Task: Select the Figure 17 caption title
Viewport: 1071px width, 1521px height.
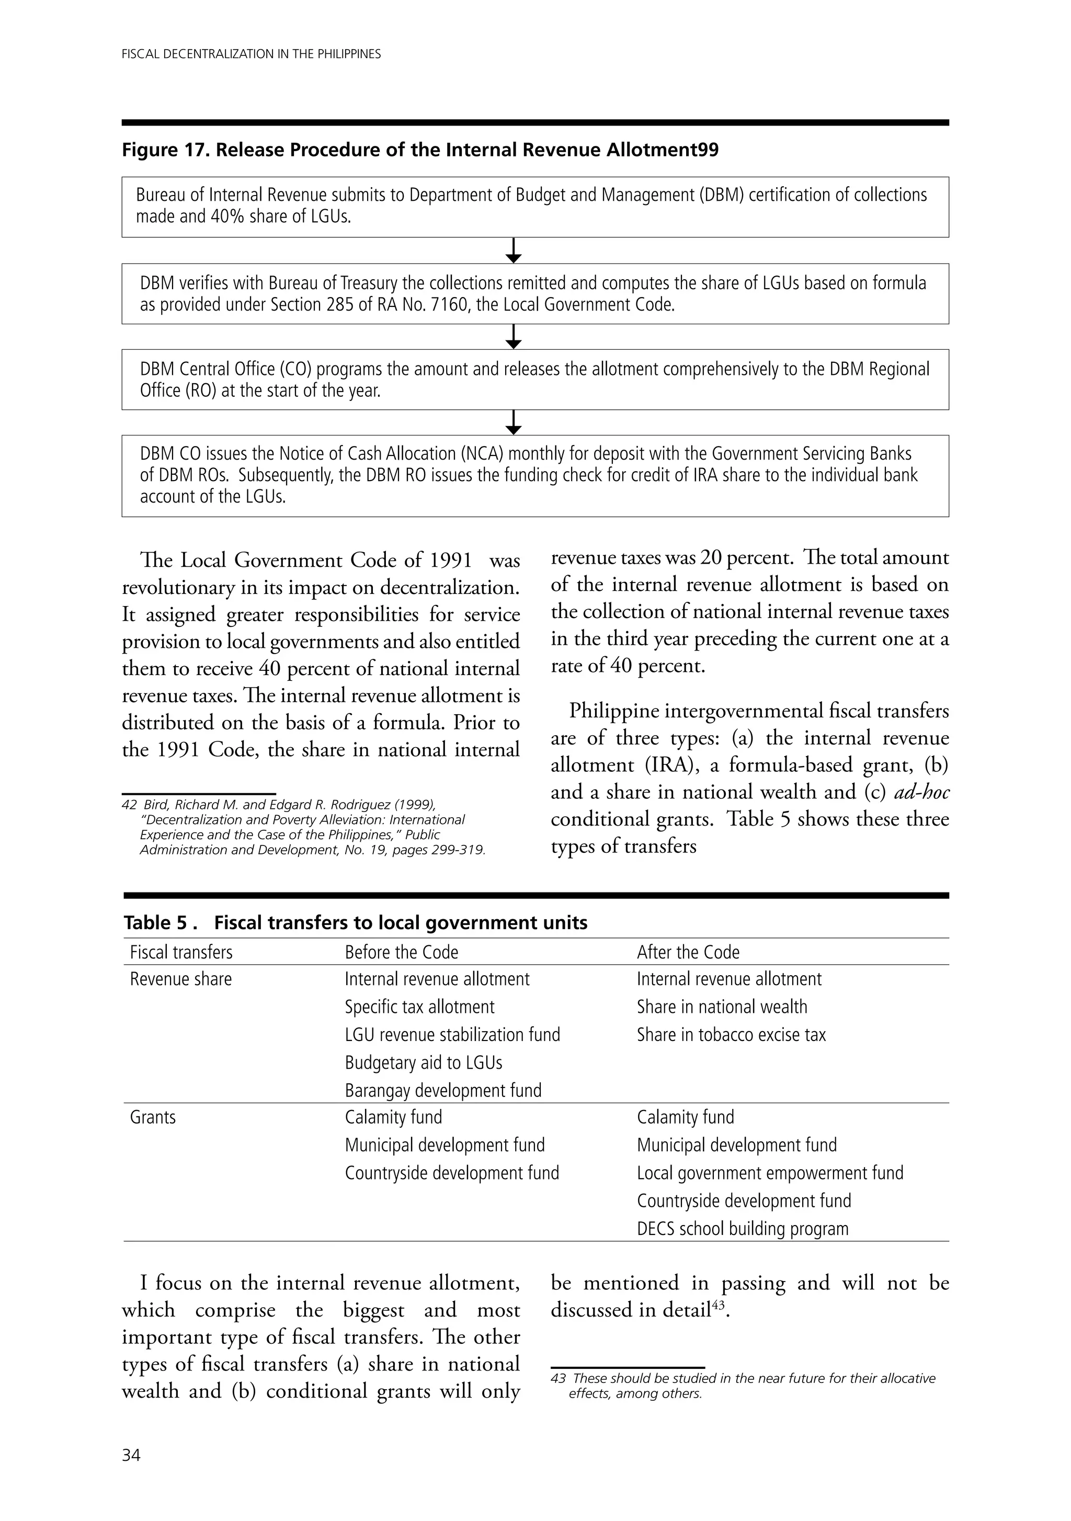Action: (x=420, y=151)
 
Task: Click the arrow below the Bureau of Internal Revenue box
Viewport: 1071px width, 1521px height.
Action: (x=514, y=250)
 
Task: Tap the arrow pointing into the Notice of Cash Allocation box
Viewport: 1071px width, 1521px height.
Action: (x=514, y=422)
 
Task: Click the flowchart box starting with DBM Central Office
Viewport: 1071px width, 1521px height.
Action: (x=535, y=379)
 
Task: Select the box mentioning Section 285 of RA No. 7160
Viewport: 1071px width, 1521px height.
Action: (x=535, y=293)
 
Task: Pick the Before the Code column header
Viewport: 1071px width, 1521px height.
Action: (x=402, y=952)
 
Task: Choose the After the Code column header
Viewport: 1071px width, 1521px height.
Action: (x=688, y=952)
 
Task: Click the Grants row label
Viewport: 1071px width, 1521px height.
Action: (x=153, y=1117)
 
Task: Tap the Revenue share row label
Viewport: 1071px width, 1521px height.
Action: (x=181, y=979)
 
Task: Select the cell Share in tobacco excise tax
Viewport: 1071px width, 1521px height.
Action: (x=731, y=1035)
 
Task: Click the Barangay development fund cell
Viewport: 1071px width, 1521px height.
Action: (x=443, y=1090)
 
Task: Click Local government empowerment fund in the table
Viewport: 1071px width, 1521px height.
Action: (x=769, y=1173)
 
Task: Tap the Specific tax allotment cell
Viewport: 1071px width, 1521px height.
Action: (x=419, y=1007)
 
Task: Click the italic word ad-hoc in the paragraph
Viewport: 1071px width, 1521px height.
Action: (x=921, y=792)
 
